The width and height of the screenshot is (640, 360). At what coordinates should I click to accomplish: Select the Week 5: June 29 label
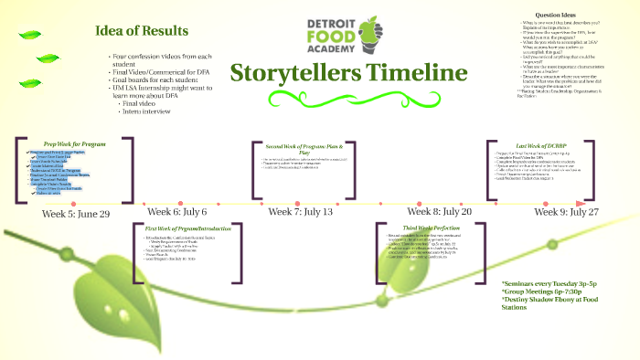(x=76, y=213)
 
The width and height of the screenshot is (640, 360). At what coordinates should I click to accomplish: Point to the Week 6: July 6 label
(x=176, y=212)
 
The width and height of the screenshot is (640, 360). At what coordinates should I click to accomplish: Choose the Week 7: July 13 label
(x=301, y=212)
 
